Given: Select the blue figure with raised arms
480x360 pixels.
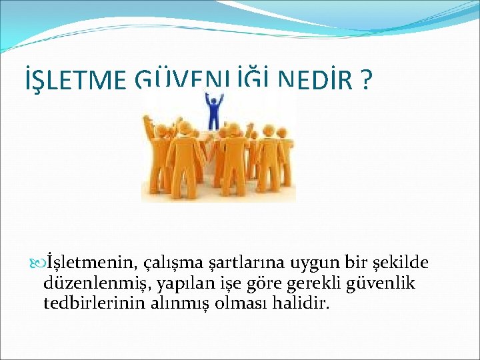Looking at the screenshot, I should tap(213, 110).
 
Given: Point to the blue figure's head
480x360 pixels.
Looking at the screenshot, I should tap(213, 97).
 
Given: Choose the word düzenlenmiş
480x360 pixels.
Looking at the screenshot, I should tap(97, 284).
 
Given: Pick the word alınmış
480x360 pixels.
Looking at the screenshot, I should tap(174, 305).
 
